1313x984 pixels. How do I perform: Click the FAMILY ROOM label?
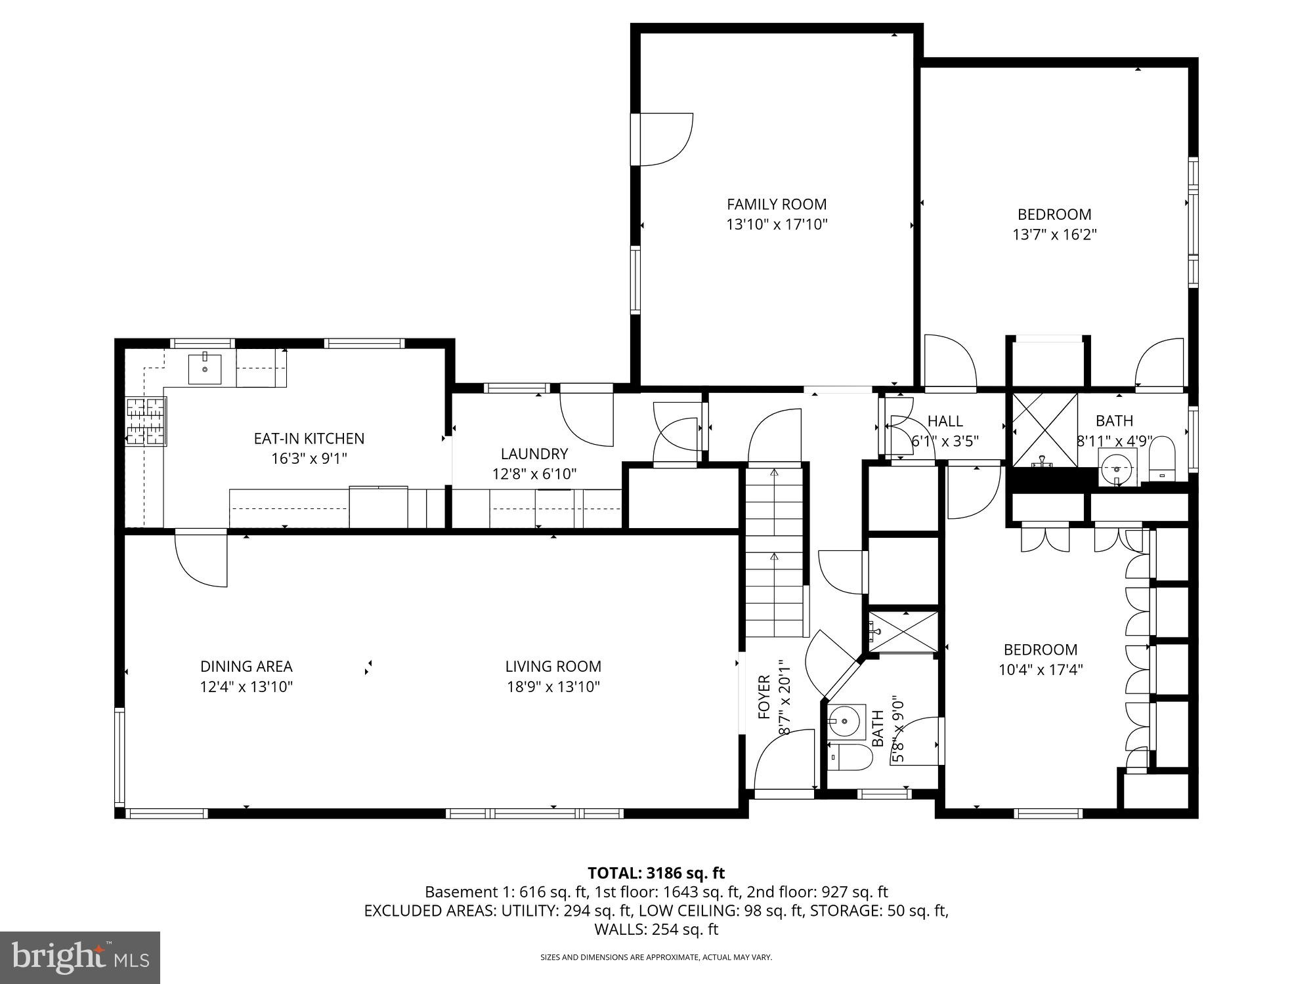click(777, 204)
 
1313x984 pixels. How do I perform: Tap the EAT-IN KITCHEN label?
click(309, 438)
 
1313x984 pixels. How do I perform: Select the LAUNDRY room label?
click(534, 453)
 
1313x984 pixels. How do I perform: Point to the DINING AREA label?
click(246, 666)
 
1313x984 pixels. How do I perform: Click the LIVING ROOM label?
click(553, 666)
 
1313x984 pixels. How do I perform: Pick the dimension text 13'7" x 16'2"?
click(1054, 234)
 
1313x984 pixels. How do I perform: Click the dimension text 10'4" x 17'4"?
click(1040, 670)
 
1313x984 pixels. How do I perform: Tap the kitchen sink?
click(205, 369)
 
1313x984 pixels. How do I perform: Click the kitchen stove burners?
click(146, 422)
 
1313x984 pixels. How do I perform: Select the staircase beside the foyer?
click(775, 551)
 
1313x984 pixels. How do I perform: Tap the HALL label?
click(945, 421)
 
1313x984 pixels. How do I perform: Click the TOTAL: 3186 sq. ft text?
click(656, 873)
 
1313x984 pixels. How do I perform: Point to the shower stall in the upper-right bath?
click(1044, 430)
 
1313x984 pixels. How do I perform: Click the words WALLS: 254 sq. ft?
click(656, 930)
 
